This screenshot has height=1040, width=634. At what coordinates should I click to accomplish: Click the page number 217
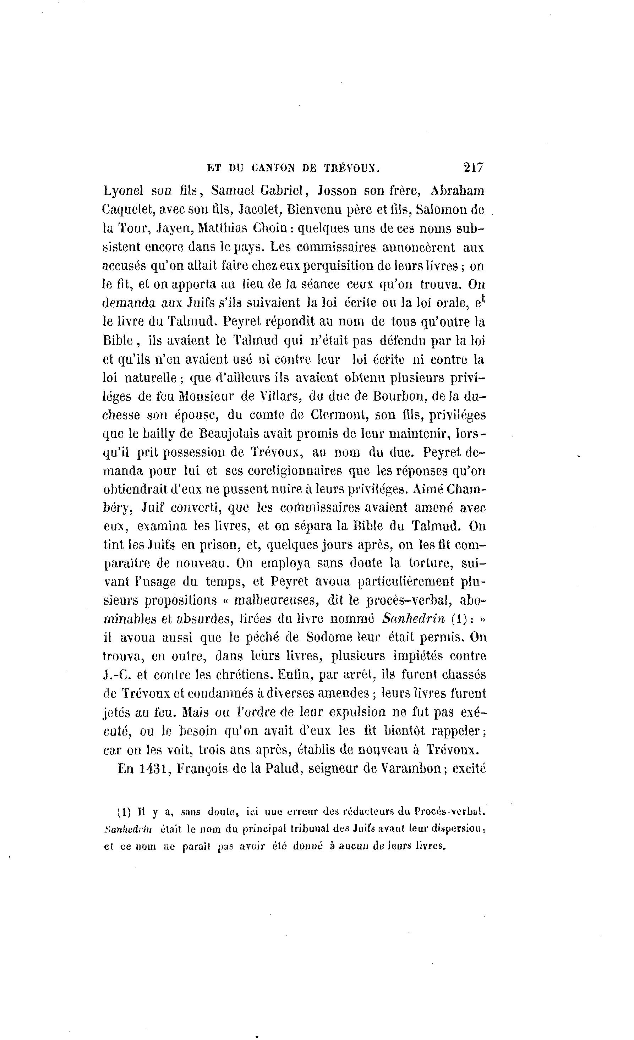point(473,167)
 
